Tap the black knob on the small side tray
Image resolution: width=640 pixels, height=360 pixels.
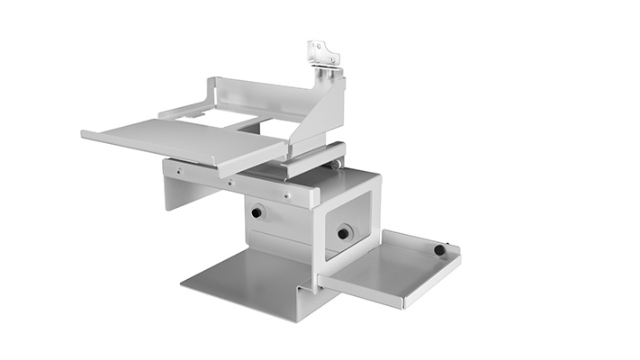pos(439,250)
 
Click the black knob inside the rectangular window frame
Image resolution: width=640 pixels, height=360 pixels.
pos(343,234)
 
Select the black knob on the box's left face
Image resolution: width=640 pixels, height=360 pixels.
pos(257,213)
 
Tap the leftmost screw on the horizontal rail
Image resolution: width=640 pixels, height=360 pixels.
pos(178,171)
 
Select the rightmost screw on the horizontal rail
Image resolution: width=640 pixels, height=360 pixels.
pos(286,193)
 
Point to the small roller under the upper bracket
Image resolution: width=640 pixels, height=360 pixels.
pos(335,164)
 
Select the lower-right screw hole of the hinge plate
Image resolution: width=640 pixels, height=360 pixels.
pos(332,60)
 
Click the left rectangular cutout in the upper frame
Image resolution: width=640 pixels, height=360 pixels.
pos(203,114)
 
